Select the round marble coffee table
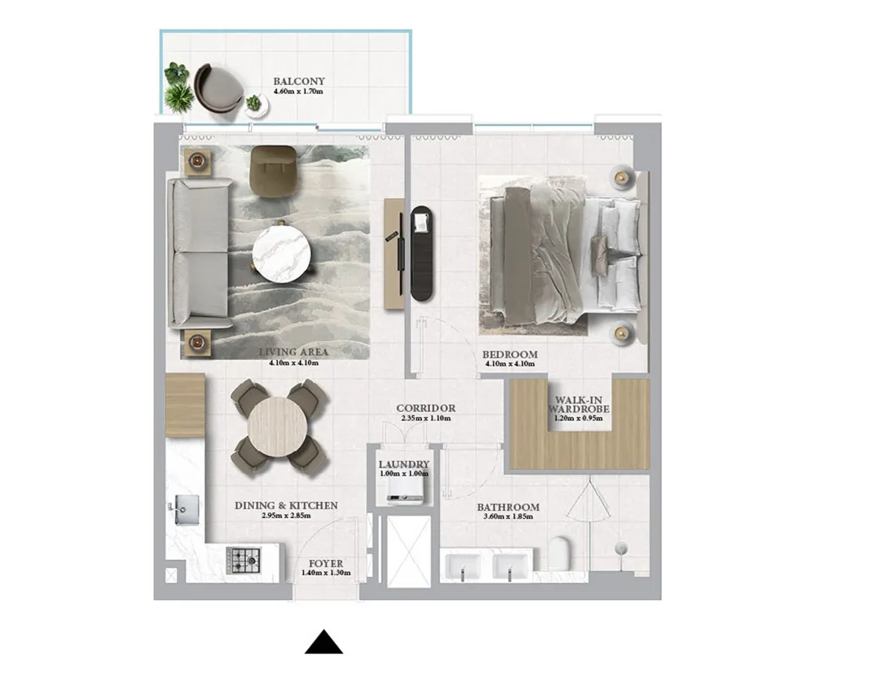(x=281, y=253)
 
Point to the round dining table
(x=277, y=425)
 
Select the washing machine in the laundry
(x=404, y=491)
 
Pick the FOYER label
(x=325, y=563)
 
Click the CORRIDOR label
(x=426, y=409)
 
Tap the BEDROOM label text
(x=510, y=355)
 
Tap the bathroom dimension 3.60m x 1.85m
(x=508, y=518)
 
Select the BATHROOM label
(x=508, y=507)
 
